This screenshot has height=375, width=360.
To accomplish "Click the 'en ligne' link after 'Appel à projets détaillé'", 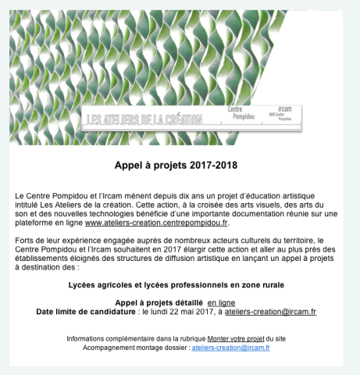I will coord(221,302).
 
